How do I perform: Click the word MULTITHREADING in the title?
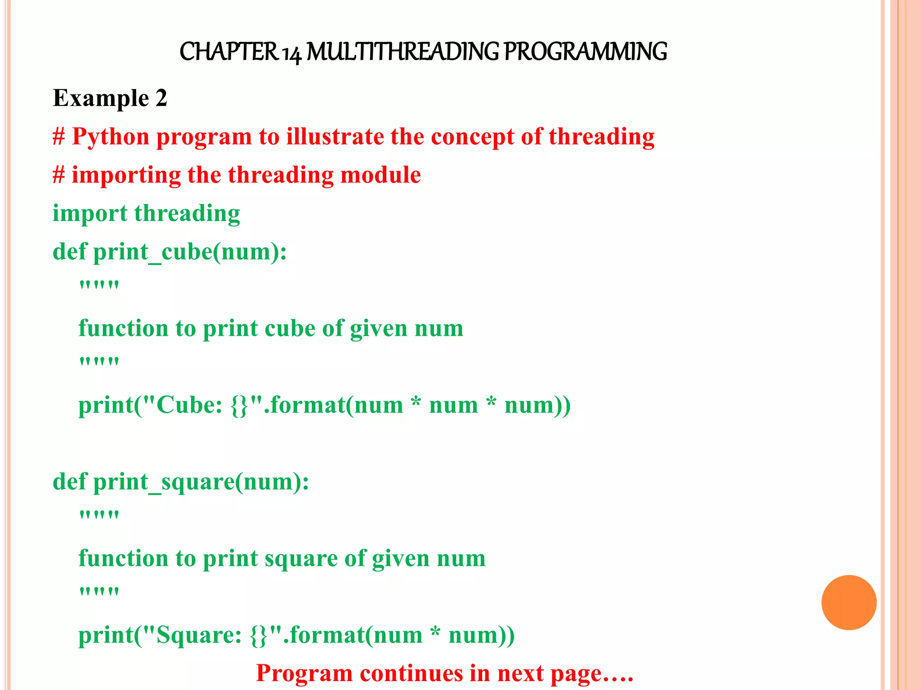[402, 52]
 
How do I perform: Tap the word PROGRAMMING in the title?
[585, 52]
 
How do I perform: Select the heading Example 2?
[110, 98]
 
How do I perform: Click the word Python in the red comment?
[111, 137]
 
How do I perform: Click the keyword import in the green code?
[90, 214]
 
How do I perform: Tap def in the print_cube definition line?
[69, 252]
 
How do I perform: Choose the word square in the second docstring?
[301, 559]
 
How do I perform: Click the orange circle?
[849, 602]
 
